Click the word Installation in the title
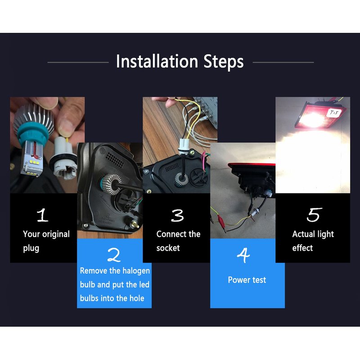click(157, 61)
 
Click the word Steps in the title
click(224, 62)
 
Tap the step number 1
click(43, 215)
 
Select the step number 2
click(114, 255)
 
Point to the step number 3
click(177, 216)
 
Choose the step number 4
click(243, 255)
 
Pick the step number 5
click(314, 215)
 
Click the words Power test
click(247, 280)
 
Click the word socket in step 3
click(168, 248)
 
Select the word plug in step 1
click(31, 249)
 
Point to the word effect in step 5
click(302, 248)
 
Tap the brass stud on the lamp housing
click(134, 224)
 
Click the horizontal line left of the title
click(78, 62)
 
